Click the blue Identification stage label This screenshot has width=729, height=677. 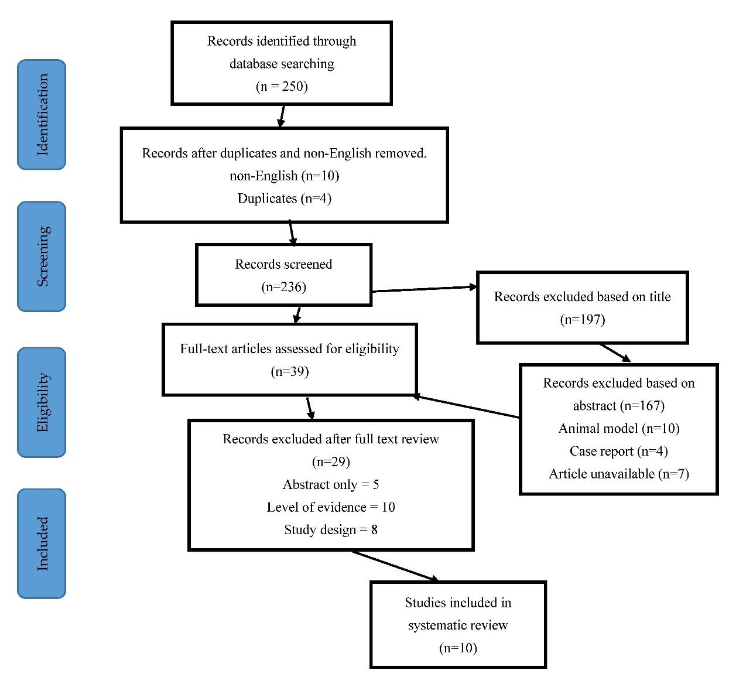42,115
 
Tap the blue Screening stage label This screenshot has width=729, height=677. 42,257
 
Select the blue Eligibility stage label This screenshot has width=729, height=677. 42,402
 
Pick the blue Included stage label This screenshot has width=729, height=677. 42,543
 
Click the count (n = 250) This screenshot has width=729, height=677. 282,87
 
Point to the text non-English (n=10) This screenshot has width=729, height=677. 284,176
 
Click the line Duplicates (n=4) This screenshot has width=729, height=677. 284,199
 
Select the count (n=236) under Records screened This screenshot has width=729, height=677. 283,287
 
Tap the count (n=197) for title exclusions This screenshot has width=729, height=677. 582,319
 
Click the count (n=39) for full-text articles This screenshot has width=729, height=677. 290,371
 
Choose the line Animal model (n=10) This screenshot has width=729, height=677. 619,429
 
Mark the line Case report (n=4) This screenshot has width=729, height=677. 618,451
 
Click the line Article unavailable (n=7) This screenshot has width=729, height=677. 618,474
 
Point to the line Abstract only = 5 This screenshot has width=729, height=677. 331,485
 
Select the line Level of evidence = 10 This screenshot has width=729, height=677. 331,507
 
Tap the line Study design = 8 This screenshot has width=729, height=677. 331,530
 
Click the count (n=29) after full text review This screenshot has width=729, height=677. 331,462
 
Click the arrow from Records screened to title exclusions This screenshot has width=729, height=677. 425,289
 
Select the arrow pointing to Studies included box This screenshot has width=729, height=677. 395,566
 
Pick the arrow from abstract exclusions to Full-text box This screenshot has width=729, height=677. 466,406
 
